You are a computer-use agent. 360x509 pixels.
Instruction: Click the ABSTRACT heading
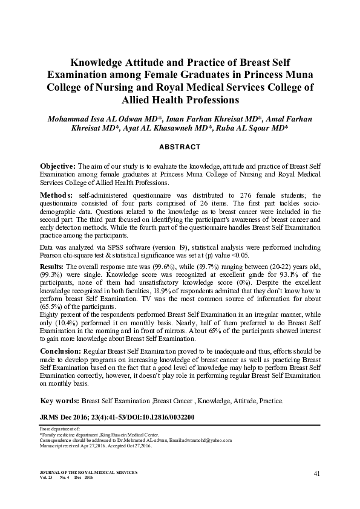point(180,147)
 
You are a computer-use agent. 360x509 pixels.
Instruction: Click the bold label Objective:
point(57,166)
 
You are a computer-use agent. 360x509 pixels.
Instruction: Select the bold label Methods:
point(56,196)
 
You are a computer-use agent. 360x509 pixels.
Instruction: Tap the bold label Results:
point(53,267)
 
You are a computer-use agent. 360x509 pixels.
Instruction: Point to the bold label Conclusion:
point(63,351)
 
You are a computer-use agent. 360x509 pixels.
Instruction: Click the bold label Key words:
point(59,400)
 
